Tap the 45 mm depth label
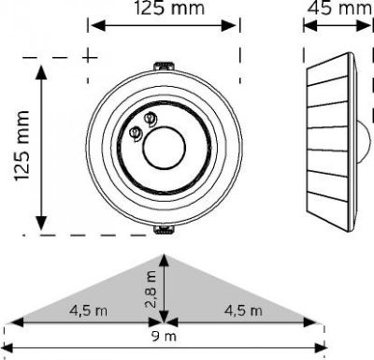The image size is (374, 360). point(338,10)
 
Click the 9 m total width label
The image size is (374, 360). point(165,335)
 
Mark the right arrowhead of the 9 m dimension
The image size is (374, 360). point(323,325)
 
